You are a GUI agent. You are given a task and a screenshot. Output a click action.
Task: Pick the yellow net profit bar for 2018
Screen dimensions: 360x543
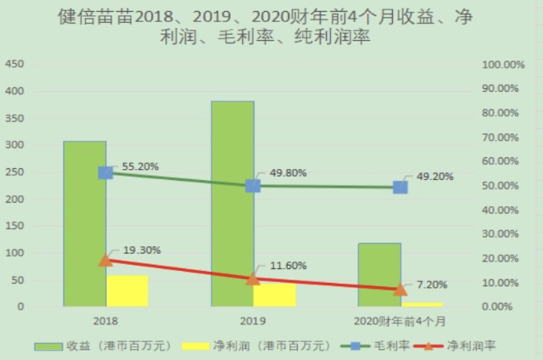[127, 290]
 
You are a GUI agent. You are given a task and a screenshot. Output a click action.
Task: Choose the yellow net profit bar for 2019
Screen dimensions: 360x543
[275, 295]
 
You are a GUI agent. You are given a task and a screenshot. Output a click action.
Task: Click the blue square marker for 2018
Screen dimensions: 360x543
[105, 172]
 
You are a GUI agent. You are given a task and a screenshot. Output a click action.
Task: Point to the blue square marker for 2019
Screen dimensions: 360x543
[253, 186]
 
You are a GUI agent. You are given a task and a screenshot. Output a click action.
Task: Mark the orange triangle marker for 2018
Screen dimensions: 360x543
[105, 260]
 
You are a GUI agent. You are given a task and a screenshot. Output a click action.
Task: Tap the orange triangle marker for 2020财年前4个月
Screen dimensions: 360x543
[400, 289]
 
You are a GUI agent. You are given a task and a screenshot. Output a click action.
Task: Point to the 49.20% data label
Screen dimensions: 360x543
[434, 177]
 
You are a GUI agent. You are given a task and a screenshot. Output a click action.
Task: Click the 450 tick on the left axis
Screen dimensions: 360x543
[14, 65]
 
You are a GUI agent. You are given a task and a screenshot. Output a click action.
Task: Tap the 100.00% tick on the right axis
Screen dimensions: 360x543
[503, 65]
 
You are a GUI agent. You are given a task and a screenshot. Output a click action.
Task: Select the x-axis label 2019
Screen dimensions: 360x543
[253, 321]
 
